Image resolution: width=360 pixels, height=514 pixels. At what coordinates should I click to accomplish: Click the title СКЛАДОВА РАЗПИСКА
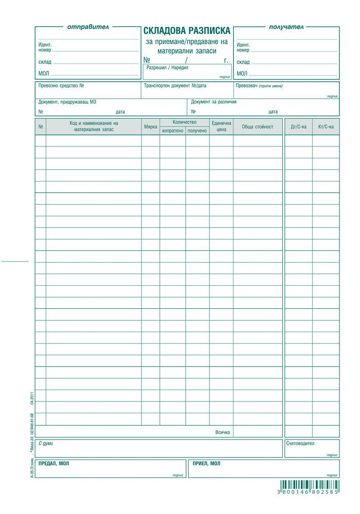pos(187,31)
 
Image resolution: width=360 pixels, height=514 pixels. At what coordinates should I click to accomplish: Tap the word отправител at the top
pos(88,27)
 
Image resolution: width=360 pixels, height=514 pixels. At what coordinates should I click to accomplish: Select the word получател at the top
pos(286,27)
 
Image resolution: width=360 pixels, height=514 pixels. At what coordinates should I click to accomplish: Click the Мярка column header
pos(151,126)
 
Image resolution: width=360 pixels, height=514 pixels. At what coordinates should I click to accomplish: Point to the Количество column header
pos(185,122)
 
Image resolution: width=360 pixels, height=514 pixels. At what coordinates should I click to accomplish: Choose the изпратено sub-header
pos(172,131)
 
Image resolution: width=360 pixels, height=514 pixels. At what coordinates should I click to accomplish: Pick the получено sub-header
pos(197,131)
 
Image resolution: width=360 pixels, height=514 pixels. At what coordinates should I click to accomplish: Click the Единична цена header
pos(221,126)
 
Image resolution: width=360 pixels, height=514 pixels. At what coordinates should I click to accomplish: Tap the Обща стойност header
pos(258,126)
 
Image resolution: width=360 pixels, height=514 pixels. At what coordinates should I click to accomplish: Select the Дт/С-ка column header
pos(298,126)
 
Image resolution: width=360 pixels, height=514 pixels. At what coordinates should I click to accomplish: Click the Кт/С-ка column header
pos(326,126)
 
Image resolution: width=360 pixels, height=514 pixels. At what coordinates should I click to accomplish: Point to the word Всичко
pos(223,432)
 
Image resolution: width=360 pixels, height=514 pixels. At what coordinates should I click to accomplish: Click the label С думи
pos(46,443)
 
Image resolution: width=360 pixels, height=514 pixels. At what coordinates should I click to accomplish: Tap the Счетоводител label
pos(301,443)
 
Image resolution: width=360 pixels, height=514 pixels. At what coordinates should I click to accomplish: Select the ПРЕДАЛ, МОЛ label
pos(53,463)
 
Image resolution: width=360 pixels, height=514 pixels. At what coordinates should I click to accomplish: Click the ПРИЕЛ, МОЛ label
pos(206,463)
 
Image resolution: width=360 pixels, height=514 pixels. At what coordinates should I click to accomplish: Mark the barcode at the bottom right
pos(309,485)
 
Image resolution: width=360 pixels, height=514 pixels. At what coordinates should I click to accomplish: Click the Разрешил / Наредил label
pos(168,67)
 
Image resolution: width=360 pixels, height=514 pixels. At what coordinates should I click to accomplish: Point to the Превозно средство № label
pos(61,86)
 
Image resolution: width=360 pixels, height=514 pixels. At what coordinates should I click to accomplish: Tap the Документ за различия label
pos(213,102)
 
